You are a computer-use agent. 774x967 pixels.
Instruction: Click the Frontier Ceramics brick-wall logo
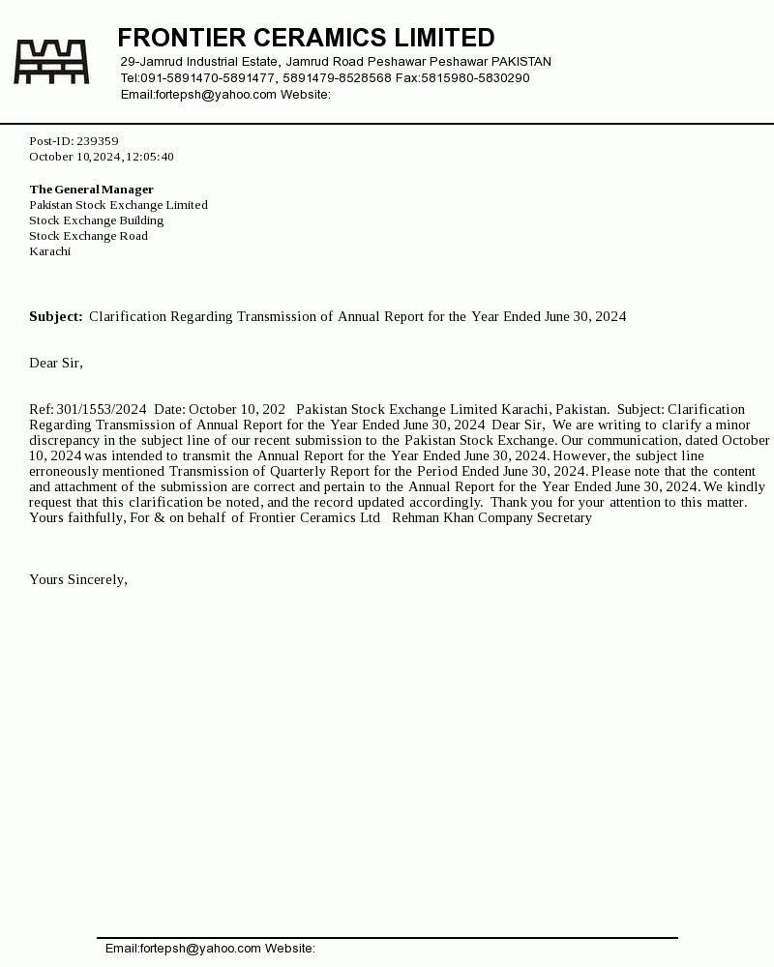51,62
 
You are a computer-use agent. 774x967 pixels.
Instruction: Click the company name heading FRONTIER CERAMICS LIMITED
306,38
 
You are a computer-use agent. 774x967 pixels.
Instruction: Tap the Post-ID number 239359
98,141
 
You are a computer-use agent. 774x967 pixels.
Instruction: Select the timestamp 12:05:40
149,157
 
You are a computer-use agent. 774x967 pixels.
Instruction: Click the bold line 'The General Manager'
91,190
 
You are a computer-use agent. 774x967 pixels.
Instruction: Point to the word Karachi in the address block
50,251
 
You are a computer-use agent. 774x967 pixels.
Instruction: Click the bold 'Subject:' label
56,316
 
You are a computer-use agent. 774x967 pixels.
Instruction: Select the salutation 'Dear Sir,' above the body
56,363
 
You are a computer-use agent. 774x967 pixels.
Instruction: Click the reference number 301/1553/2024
102,409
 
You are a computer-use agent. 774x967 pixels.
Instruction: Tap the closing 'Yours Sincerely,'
78,579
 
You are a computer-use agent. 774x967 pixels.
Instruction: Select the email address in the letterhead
216,95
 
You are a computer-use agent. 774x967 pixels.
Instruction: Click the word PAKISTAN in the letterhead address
521,62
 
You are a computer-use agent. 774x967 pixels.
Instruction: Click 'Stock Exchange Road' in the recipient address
88,236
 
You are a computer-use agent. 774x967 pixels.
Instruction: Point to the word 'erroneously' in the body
64,471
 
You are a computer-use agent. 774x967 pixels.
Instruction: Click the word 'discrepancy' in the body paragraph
64,440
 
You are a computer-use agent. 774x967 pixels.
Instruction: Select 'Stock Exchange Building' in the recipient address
96,220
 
